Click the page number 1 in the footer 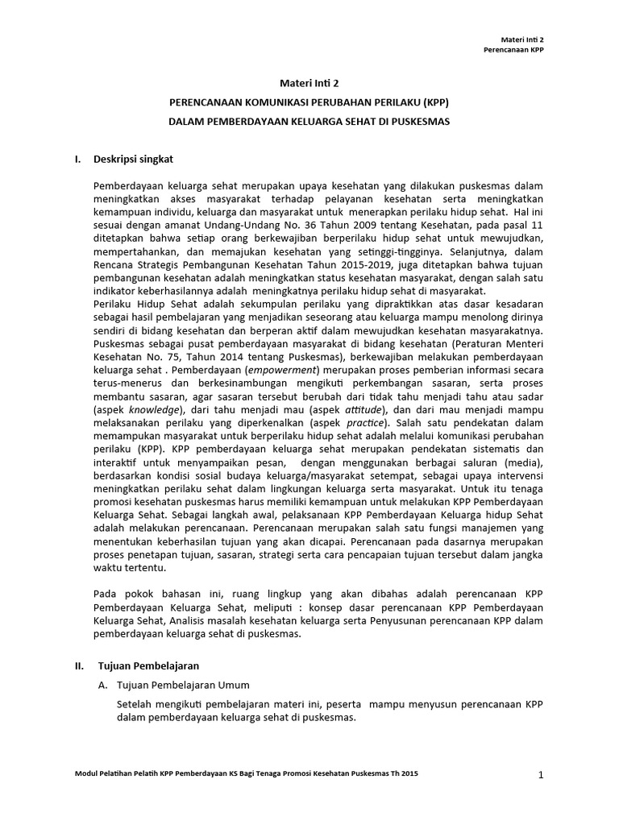pyautogui.click(x=542, y=775)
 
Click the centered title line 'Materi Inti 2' pyautogui.click(x=309, y=83)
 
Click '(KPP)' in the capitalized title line pyautogui.click(x=430, y=102)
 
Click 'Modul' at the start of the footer pyautogui.click(x=86, y=773)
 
